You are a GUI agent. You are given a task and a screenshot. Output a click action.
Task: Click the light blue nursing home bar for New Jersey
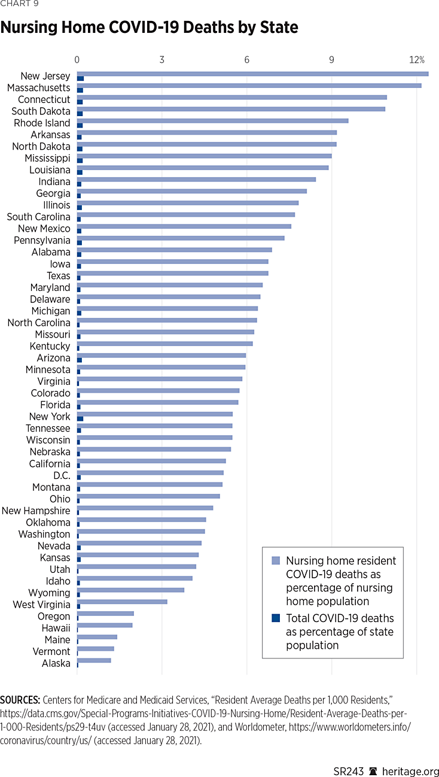[251, 74]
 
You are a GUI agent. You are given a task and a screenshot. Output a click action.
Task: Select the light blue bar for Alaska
[94, 660]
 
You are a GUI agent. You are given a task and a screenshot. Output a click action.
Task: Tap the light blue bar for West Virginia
[122, 602]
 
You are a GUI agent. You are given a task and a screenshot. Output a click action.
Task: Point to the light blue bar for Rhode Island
[212, 120]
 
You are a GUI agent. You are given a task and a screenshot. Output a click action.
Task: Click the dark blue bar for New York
[80, 418]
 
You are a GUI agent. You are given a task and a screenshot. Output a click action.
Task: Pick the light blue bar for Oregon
[105, 614]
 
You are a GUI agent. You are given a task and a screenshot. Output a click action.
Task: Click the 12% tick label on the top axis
[417, 60]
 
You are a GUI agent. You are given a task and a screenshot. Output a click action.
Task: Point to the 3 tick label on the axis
[162, 60]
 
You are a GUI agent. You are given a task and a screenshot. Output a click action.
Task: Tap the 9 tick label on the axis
[332, 60]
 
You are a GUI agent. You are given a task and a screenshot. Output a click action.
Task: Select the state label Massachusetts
[38, 88]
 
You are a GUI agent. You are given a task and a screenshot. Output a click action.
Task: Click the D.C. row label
[62, 475]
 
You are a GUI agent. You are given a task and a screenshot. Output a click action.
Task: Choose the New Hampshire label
[36, 511]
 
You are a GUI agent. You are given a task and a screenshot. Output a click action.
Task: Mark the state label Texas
[59, 276]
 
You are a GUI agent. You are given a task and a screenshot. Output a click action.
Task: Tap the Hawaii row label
[56, 628]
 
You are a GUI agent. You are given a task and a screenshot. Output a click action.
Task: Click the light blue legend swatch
[276, 561]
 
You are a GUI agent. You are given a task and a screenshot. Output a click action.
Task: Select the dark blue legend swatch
[276, 618]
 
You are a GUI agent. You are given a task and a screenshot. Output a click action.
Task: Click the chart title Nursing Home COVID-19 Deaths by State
[149, 28]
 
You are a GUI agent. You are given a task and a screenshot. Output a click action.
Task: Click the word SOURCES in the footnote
[20, 700]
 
